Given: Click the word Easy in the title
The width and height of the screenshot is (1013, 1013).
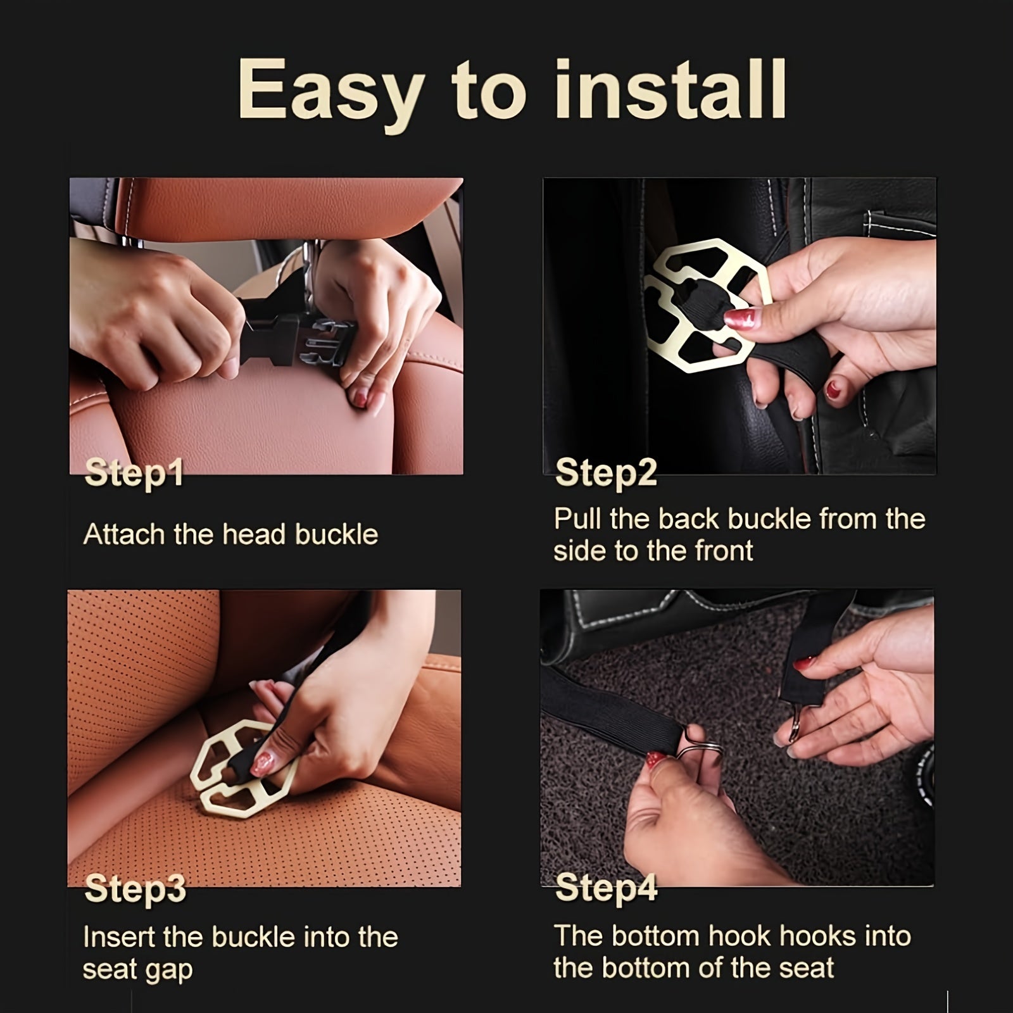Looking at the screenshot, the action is click(330, 90).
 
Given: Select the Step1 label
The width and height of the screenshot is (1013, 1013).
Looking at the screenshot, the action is click(134, 474).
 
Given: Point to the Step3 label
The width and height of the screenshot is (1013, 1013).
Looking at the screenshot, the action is click(135, 889).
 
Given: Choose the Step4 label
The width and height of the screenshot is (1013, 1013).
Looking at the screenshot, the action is click(607, 888).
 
